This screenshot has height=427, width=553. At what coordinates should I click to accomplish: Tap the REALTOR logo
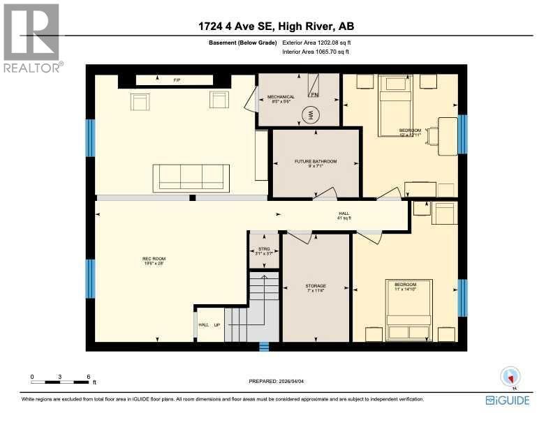[x=31, y=38]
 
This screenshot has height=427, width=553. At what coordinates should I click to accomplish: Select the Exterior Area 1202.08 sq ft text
[x=321, y=43]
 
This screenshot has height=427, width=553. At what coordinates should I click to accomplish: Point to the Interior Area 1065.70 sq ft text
[x=320, y=52]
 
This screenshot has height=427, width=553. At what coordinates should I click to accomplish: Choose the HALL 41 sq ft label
[x=344, y=216]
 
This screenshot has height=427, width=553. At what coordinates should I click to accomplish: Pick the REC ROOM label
[x=154, y=261]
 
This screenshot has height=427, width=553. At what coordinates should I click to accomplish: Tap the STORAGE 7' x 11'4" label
[x=316, y=287]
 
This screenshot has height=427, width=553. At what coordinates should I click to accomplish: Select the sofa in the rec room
[x=191, y=177]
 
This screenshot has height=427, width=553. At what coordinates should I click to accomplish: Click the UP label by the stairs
[x=217, y=325]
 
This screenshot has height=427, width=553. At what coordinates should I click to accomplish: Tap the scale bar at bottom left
[x=61, y=381]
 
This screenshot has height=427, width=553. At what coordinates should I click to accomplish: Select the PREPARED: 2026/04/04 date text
[x=277, y=381]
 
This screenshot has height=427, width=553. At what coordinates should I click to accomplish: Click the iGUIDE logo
[x=507, y=400]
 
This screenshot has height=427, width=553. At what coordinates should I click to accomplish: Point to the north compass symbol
[x=510, y=376]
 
